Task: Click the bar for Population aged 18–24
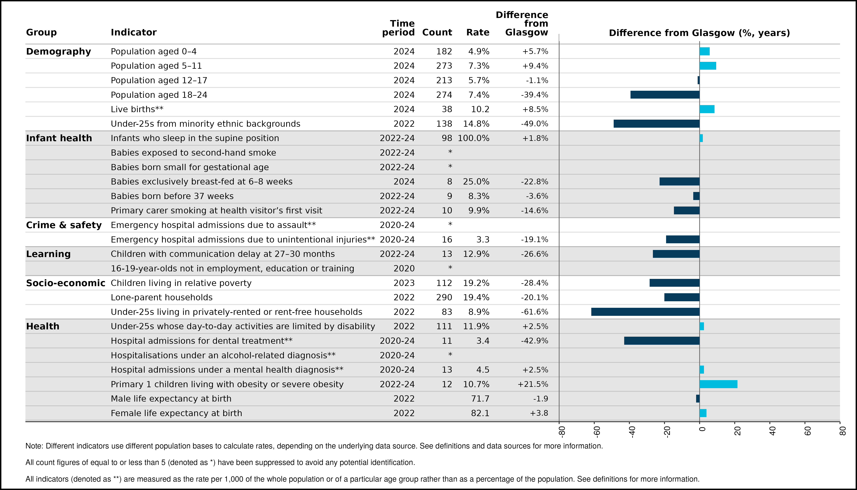[x=665, y=95]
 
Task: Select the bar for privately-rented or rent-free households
[x=645, y=312]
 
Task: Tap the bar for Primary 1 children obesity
[x=719, y=384]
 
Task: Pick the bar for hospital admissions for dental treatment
[x=662, y=341]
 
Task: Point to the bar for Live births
[x=707, y=109]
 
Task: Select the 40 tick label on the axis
[x=773, y=431]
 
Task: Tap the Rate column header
[x=478, y=32]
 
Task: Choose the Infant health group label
[x=59, y=138]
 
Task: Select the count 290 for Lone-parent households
[x=444, y=297]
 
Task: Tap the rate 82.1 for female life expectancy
[x=480, y=413]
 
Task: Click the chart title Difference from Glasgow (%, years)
[x=700, y=33]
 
